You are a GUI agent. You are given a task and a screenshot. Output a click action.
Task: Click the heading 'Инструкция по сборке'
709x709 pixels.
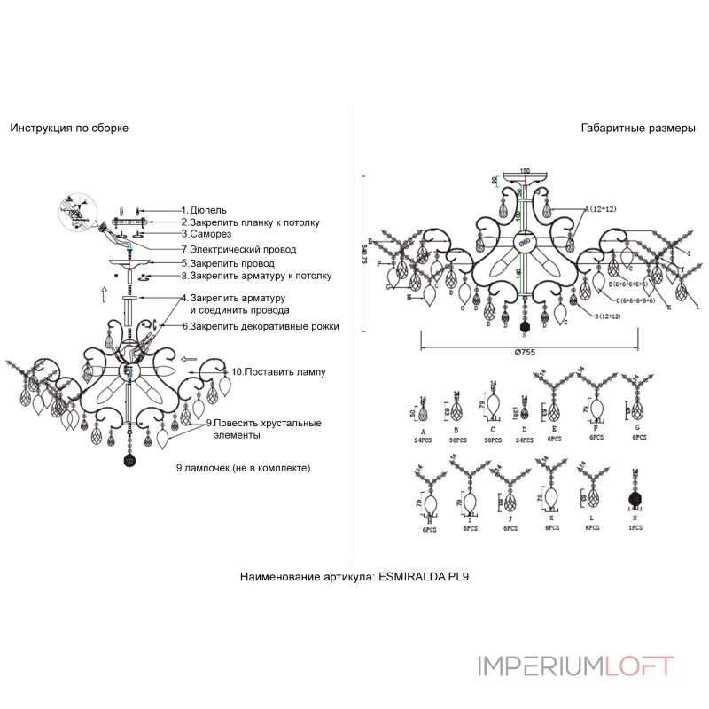tap(69, 128)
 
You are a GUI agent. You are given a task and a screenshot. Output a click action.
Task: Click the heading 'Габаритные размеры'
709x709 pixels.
tap(638, 128)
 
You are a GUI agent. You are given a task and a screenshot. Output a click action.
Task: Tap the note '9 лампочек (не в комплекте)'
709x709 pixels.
tap(245, 466)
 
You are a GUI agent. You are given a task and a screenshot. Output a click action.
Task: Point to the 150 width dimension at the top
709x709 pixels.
tap(525, 170)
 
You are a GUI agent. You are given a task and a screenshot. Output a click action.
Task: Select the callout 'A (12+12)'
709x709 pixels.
tap(600, 209)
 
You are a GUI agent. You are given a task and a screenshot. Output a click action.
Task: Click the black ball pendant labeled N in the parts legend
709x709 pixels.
tap(635, 499)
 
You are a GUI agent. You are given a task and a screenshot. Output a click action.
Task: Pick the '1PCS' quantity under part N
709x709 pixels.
tap(635, 527)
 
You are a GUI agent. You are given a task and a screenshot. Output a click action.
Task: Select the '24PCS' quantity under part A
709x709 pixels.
tap(423, 439)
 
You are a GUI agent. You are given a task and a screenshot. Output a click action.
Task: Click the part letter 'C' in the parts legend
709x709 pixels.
tap(492, 429)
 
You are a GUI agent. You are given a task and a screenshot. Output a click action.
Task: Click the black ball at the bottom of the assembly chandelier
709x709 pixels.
tap(129, 461)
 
